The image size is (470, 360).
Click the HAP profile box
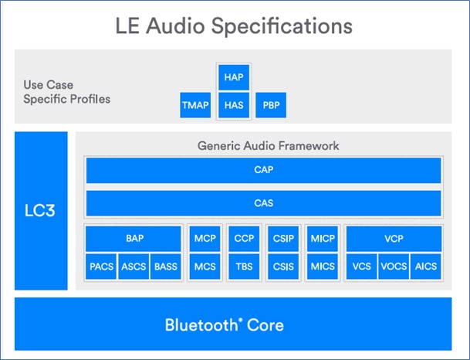[x=233, y=78]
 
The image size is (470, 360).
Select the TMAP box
[x=195, y=105]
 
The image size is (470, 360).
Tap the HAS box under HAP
[x=233, y=105]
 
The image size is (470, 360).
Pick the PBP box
[x=271, y=105]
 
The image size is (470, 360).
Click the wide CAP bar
[x=263, y=170]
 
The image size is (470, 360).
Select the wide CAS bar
[x=263, y=203]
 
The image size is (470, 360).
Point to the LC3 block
[x=41, y=211]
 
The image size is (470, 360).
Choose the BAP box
[x=134, y=239]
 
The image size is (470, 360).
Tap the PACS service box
[x=101, y=267]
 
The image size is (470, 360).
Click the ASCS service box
[x=134, y=267]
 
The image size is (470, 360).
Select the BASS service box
[x=165, y=267]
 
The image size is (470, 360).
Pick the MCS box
[x=205, y=267]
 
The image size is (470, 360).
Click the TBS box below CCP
[x=244, y=267]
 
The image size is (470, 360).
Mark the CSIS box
[x=283, y=267]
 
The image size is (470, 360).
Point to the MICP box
[x=323, y=239]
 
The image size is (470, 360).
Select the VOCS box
[x=394, y=267]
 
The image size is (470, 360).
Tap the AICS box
[x=425, y=267]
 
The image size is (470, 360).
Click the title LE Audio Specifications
[x=234, y=25]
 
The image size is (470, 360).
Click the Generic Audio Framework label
[x=268, y=145]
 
